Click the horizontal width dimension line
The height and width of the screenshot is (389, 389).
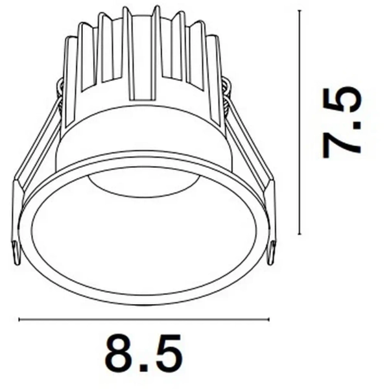[143, 319]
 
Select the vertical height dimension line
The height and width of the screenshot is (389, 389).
[300, 123]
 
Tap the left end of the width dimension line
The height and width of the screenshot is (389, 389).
[19, 319]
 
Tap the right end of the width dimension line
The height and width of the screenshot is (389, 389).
[268, 319]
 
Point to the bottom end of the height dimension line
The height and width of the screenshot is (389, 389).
[300, 234]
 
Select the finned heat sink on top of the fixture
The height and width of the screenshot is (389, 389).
[143, 58]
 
